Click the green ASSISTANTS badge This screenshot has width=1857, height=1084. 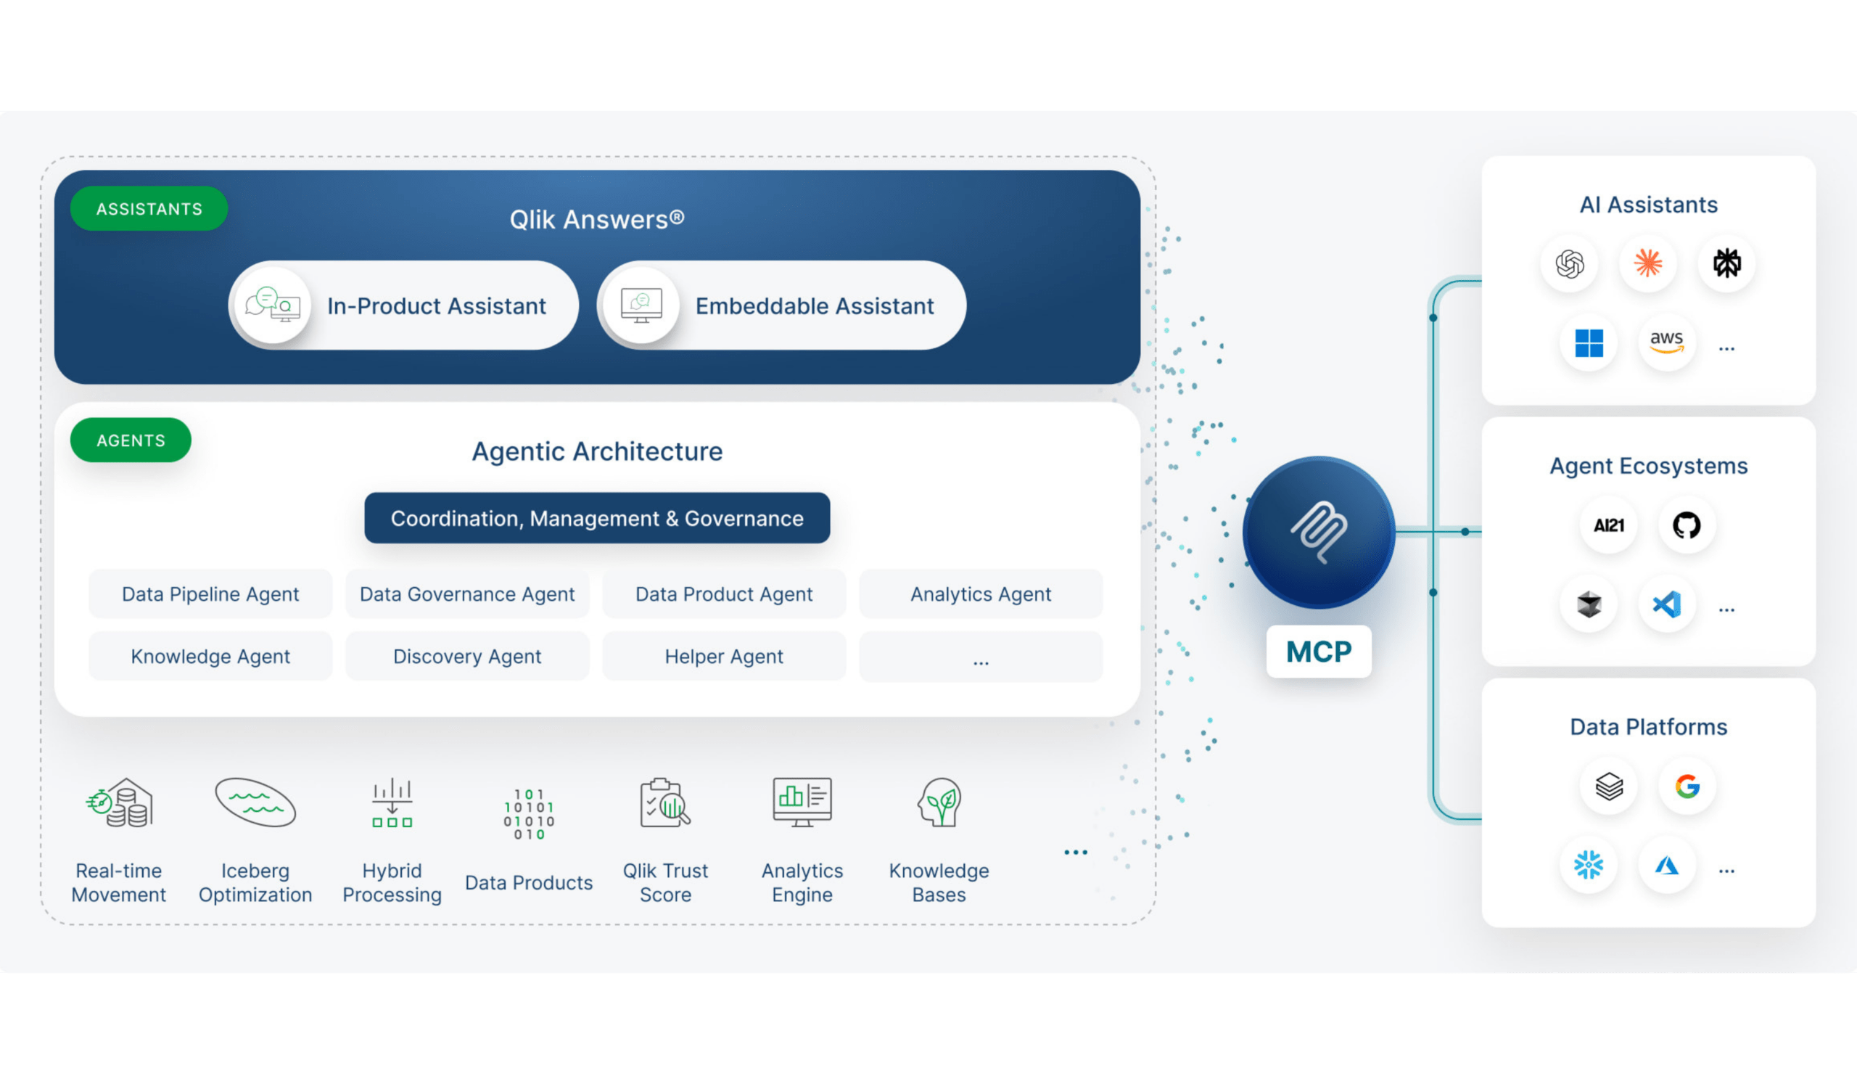149,208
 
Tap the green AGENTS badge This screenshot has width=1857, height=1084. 131,440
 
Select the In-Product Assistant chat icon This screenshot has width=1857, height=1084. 273,304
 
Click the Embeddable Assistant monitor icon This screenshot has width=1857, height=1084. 641,305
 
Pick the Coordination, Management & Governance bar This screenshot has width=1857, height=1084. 597,518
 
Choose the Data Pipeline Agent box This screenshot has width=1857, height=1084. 211,594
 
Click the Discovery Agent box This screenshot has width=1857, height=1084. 467,656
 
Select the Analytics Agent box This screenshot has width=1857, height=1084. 981,594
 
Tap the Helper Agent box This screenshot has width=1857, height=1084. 725,656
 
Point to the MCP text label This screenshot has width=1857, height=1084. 1319,652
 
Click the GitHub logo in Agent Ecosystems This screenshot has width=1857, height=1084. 1687,525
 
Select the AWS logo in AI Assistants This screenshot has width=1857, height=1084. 1667,342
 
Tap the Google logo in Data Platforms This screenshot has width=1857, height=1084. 1687,787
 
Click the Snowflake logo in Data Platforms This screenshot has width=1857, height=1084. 1589,865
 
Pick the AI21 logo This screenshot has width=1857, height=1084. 1609,525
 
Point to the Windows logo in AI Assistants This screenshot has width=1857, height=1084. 1589,342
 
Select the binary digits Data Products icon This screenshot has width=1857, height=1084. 529,814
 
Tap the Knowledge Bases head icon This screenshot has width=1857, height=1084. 939,802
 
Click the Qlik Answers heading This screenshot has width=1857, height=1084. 597,220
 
